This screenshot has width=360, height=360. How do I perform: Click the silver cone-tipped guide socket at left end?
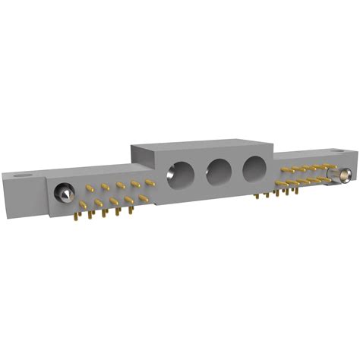click(x=64, y=195)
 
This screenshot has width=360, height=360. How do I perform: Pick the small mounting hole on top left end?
click(x=25, y=172)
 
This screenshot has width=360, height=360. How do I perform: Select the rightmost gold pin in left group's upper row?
click(x=150, y=182)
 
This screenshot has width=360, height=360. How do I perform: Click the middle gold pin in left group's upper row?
click(x=119, y=185)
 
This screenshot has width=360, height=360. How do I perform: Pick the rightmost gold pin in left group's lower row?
click(x=144, y=197)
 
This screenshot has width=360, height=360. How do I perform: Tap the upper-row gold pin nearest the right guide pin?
click(x=328, y=165)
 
